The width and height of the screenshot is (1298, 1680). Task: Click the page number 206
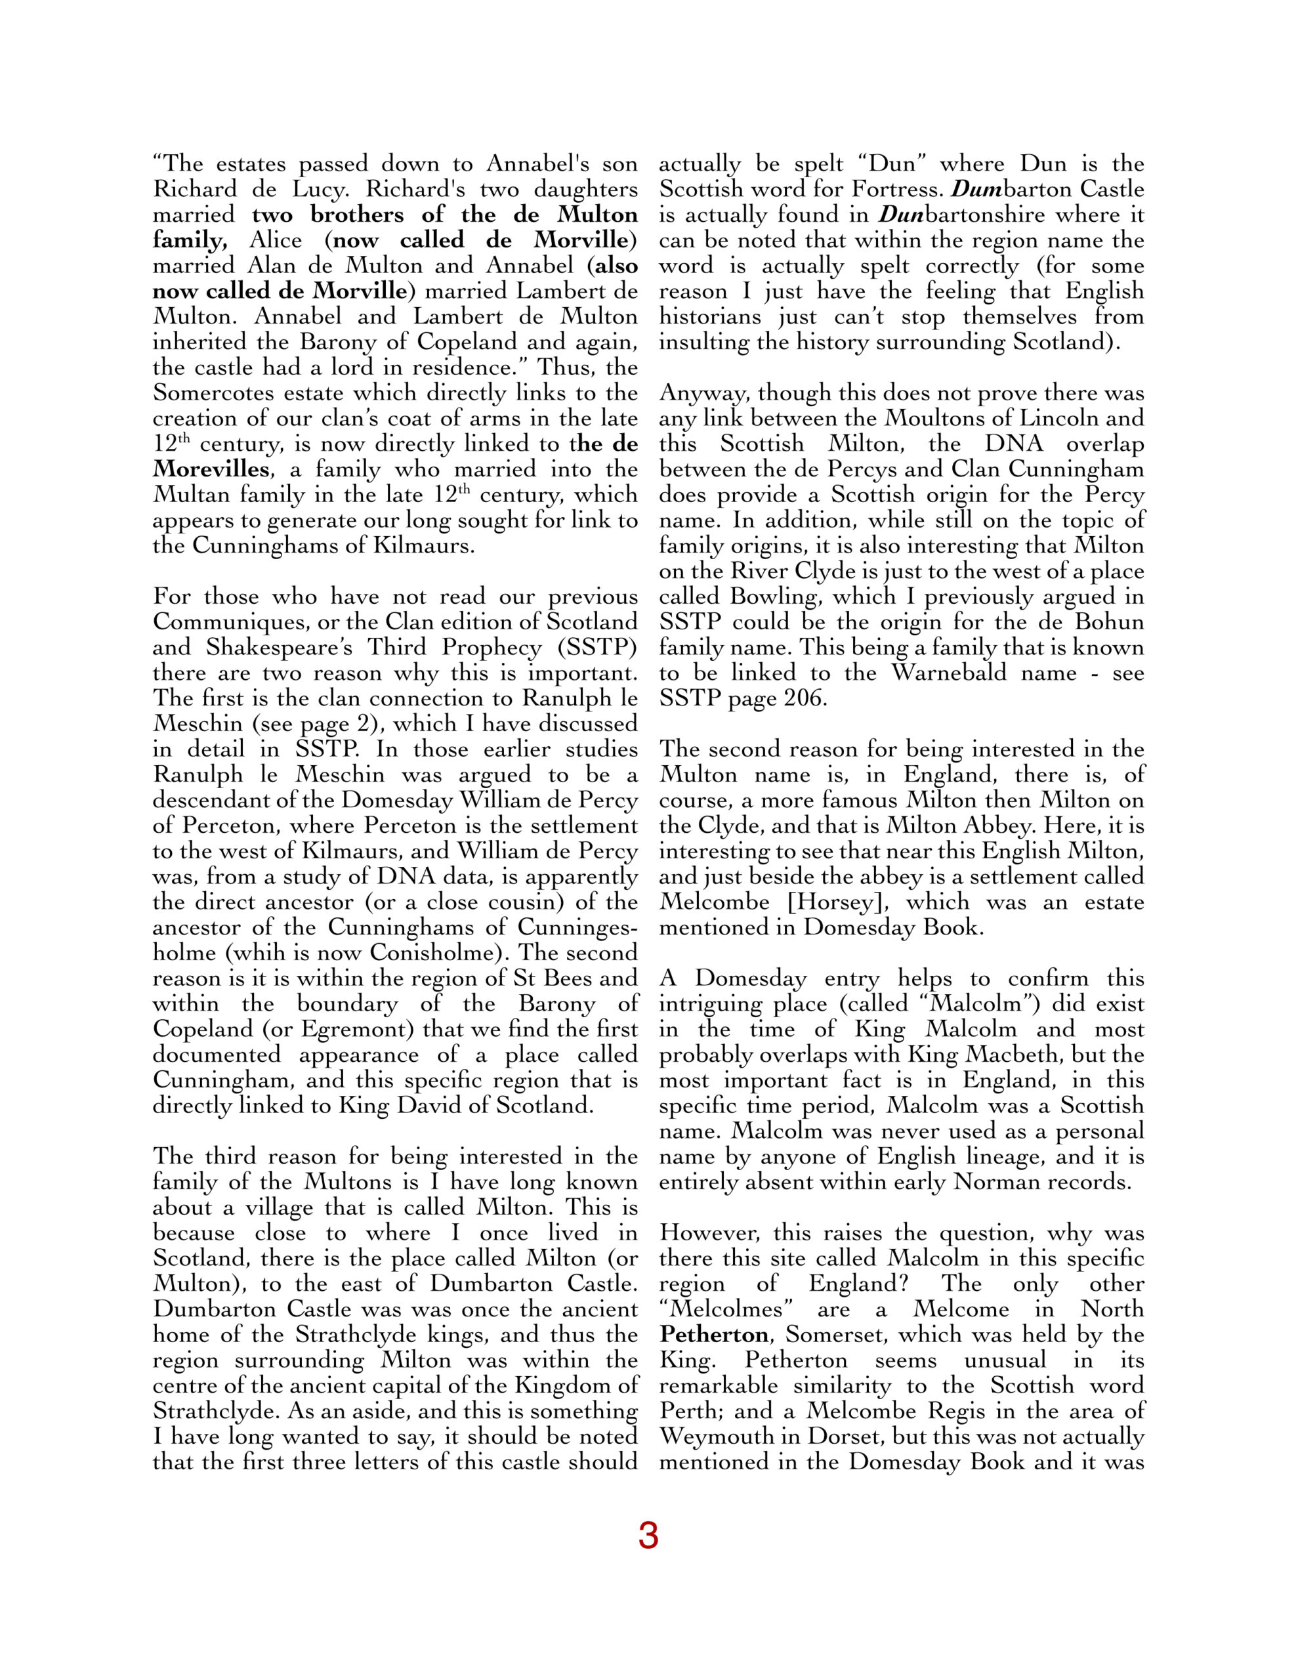[x=805, y=698]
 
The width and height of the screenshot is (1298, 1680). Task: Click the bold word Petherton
[x=713, y=1335]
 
